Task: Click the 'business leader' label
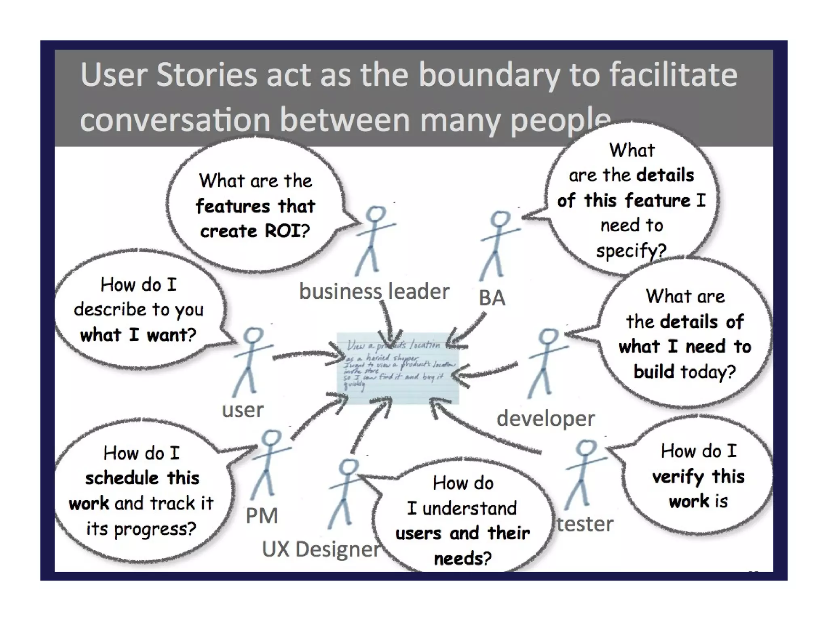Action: (x=374, y=291)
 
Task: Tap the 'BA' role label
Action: (x=492, y=298)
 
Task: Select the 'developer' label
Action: (x=545, y=418)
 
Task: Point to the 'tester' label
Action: (x=585, y=524)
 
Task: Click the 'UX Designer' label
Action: (x=321, y=549)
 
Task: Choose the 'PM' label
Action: (x=262, y=516)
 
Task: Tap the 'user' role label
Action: (x=243, y=410)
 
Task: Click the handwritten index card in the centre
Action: (x=398, y=368)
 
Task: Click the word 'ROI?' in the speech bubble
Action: (x=287, y=231)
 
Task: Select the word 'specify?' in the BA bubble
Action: (x=631, y=251)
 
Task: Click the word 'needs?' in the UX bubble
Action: (x=463, y=559)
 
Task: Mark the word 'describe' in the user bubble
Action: (x=110, y=310)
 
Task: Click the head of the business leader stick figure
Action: (x=376, y=214)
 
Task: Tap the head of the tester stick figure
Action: (x=585, y=448)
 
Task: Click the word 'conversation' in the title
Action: (x=175, y=120)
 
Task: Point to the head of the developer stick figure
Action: (x=549, y=336)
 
